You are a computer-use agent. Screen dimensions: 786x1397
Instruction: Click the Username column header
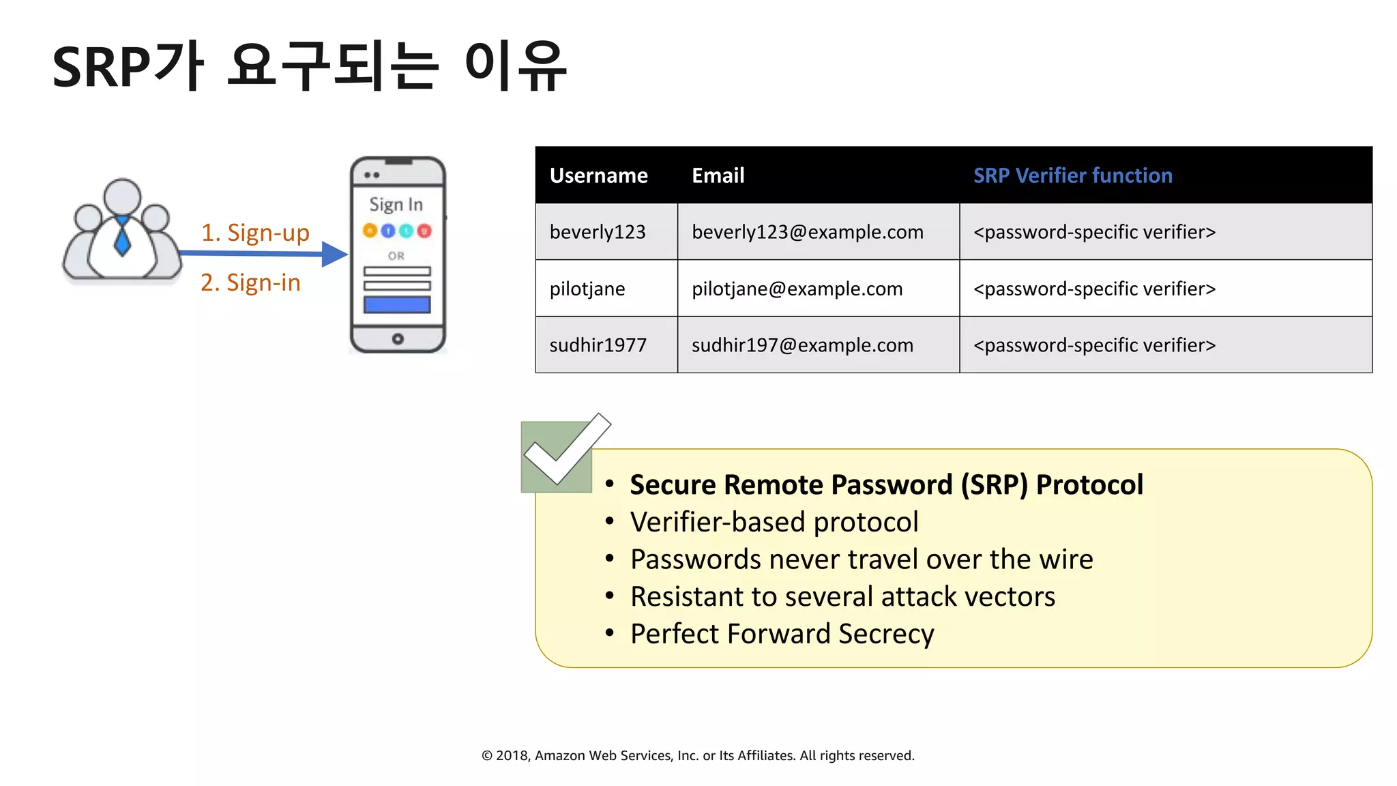pyautogui.click(x=598, y=175)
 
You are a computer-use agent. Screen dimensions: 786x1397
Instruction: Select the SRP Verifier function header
pyautogui.click(x=1072, y=175)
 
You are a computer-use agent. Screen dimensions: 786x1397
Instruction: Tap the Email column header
pyautogui.click(x=718, y=175)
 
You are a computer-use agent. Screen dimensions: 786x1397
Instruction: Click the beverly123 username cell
pyautogui.click(x=598, y=232)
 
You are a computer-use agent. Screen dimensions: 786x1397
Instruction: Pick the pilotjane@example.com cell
pyautogui.click(x=797, y=289)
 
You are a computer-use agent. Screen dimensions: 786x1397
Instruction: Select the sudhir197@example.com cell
pyautogui.click(x=802, y=345)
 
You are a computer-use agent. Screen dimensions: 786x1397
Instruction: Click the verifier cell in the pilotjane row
pyautogui.click(x=1094, y=289)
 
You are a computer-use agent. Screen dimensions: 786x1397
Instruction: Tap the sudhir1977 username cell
pyautogui.click(x=598, y=345)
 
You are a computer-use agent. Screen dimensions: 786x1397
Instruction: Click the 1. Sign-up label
pyautogui.click(x=255, y=233)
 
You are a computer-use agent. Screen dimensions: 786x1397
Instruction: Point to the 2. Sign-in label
pyautogui.click(x=250, y=282)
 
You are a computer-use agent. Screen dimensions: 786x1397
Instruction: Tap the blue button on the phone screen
pyautogui.click(x=397, y=304)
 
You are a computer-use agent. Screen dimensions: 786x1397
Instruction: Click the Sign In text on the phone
pyautogui.click(x=396, y=205)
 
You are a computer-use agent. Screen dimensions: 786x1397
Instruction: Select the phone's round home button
pyautogui.click(x=398, y=338)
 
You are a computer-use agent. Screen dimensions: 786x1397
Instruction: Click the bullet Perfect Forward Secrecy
pyautogui.click(x=782, y=634)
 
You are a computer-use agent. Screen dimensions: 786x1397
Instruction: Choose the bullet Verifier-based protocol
pyautogui.click(x=774, y=522)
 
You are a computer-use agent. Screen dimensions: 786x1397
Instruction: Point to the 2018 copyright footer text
pyautogui.click(x=698, y=755)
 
